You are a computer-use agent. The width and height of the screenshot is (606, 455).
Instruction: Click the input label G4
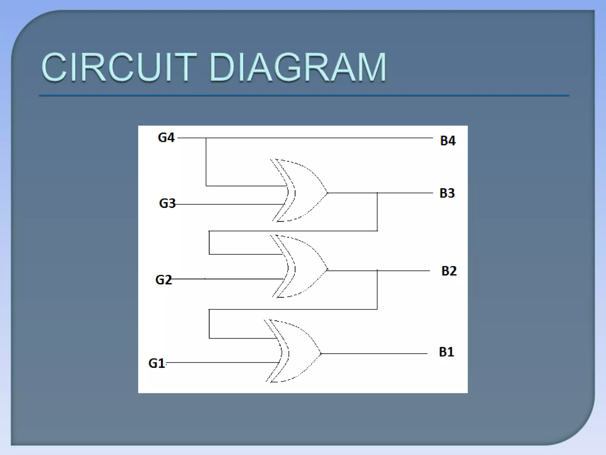[x=166, y=138]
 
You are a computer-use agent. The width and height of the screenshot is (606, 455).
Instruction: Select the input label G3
[x=167, y=204]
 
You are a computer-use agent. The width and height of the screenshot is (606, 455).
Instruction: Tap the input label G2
[x=163, y=280]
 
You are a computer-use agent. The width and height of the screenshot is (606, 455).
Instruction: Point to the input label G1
[x=157, y=363]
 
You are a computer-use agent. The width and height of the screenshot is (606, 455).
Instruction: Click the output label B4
[x=448, y=141]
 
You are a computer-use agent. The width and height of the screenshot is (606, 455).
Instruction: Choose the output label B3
[x=447, y=193]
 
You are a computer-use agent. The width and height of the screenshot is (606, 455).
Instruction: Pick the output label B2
[x=449, y=271]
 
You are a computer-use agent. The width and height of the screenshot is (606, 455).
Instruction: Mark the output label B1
[x=446, y=352]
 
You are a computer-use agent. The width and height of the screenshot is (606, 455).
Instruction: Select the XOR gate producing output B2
[x=302, y=267]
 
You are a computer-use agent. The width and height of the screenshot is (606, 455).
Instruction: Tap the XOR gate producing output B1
[x=296, y=351]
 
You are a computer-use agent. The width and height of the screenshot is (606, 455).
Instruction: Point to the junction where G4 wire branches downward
[x=206, y=138]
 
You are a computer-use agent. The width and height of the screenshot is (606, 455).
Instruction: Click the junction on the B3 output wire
[x=377, y=193]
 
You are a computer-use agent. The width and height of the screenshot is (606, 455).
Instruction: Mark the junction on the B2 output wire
[x=377, y=270]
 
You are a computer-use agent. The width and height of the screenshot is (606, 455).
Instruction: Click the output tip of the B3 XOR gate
[x=328, y=193]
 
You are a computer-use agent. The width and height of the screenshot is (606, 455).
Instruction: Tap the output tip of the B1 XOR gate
[x=321, y=353]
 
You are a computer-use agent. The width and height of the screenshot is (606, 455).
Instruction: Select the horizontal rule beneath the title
[x=304, y=95]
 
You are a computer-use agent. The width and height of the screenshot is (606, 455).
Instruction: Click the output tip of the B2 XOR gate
[x=328, y=270]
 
